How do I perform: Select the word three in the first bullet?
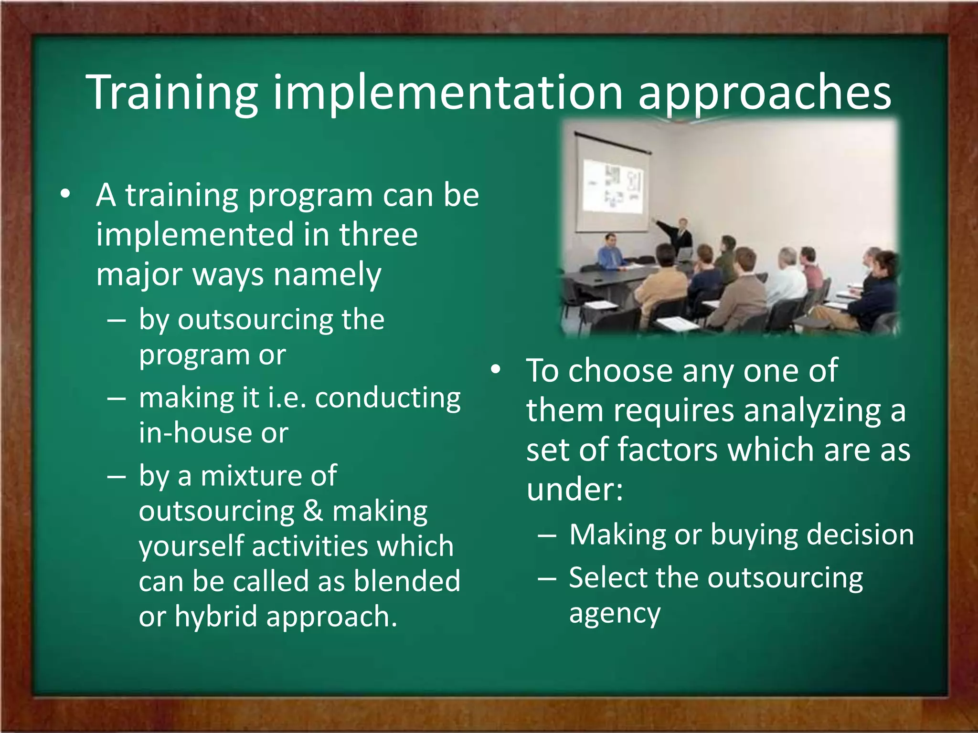(x=378, y=235)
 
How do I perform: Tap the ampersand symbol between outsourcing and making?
(x=313, y=511)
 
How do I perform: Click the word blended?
(x=407, y=581)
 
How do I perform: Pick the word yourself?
(x=191, y=547)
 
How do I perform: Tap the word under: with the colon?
(x=574, y=490)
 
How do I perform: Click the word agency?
(x=615, y=614)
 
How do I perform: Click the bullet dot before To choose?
(x=496, y=370)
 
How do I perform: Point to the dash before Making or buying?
(x=546, y=535)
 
